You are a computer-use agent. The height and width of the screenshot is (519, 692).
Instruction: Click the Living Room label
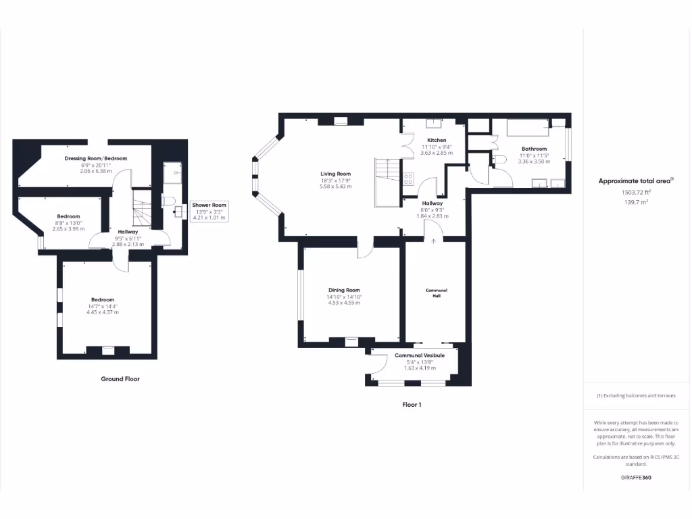point(335,174)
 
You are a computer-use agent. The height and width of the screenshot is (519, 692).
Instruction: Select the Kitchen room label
point(436,140)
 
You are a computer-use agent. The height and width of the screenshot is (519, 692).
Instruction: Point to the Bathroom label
point(534,149)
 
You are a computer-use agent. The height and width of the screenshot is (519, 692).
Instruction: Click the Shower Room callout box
point(209,211)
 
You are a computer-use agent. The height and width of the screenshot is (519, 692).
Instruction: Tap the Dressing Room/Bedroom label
point(95,158)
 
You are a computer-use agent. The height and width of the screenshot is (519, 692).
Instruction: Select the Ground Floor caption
point(120,379)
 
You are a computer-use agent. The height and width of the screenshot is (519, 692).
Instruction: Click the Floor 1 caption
point(412,405)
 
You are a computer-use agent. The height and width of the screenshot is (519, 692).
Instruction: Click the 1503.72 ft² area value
point(635,192)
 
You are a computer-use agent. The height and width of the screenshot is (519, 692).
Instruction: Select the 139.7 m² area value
point(635,201)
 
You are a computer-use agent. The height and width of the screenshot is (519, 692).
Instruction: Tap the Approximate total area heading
point(635,180)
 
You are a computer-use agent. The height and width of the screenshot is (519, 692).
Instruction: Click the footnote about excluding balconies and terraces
point(635,395)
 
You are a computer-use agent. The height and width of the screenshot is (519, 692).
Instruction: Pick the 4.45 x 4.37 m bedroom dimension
point(103,312)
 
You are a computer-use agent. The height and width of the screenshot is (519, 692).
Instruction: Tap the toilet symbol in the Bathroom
point(500,159)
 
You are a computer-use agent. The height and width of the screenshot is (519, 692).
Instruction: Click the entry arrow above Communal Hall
point(433,241)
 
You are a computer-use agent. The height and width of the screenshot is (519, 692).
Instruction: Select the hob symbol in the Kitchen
point(408,178)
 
